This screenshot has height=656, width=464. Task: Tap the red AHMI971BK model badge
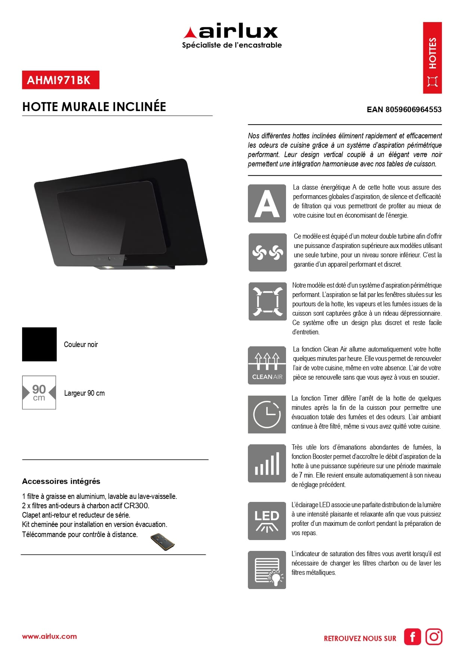tap(61, 80)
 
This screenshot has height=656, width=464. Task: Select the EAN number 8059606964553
tap(404, 110)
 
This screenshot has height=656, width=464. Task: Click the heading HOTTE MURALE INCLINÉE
tap(94, 107)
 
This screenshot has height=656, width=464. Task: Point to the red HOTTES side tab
tap(432, 58)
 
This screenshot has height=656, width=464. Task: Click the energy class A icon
tap(267, 203)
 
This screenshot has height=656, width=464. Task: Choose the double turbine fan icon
tap(267, 252)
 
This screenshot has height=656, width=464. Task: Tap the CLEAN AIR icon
tap(267, 365)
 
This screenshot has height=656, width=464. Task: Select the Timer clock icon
tap(267, 414)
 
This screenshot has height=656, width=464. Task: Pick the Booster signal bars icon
tap(267, 463)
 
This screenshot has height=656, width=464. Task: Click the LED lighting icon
tap(267, 521)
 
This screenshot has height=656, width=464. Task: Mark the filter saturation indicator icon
tap(267, 570)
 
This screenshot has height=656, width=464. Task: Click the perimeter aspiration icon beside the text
tap(267, 301)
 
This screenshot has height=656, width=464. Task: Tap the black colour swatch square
tap(39, 344)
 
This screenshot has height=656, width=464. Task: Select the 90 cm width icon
tap(39, 393)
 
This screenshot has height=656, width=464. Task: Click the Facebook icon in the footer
tap(412, 637)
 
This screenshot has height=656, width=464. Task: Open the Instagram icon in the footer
tap(434, 637)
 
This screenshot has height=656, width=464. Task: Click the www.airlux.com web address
tap(49, 637)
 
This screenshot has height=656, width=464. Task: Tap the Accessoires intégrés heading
tap(61, 481)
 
